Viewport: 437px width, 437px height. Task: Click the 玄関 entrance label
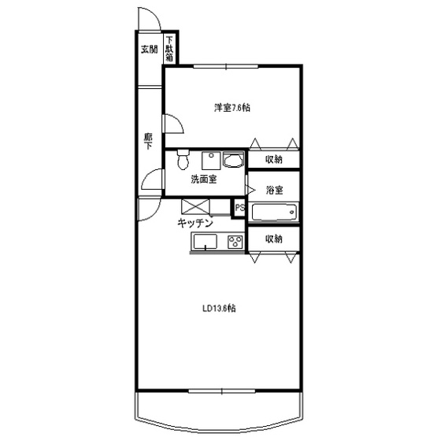pos(149,50)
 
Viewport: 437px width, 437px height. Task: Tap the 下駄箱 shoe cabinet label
pos(169,49)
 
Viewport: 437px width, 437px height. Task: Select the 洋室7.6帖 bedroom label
pos(231,107)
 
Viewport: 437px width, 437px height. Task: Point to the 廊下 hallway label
pos(148,141)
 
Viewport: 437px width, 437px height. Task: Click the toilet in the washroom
pos(183,159)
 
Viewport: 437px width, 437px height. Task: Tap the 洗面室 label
pos(204,180)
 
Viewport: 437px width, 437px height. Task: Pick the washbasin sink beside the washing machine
pos(234,160)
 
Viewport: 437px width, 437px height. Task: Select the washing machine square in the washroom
pos(211,161)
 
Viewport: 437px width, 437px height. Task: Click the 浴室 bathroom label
pos(275,190)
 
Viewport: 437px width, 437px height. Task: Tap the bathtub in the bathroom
pos(274,213)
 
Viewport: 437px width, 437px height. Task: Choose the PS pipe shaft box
pos(239,208)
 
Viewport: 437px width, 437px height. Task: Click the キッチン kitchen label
pos(195,223)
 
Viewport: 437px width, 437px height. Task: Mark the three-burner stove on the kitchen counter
pos(235,242)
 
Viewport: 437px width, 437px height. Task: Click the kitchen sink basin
pos(206,242)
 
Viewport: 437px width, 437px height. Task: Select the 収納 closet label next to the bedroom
pos(273,159)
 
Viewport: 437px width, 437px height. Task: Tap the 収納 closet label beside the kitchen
pos(273,239)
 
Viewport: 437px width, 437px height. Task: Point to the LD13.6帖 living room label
pos(219,308)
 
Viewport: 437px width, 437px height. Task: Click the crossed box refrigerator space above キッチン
pos(195,206)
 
